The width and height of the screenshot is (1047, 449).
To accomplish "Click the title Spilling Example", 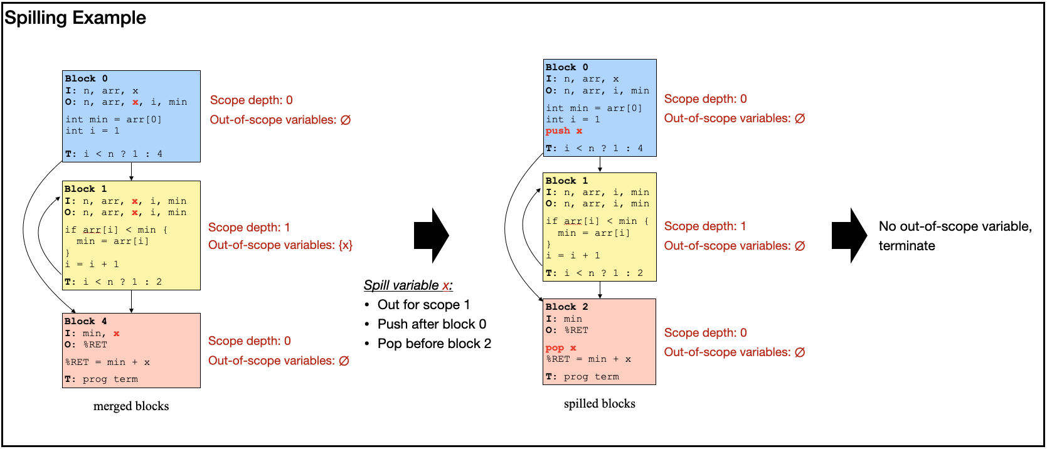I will [x=75, y=18].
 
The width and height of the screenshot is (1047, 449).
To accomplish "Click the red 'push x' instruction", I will [x=563, y=131].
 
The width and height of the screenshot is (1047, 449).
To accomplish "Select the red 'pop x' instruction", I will [x=560, y=348].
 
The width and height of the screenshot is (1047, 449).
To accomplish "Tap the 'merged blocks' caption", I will [x=131, y=406].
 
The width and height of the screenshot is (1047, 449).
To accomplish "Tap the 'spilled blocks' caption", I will [x=599, y=404].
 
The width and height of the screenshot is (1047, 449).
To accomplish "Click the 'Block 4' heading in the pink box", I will [x=86, y=321].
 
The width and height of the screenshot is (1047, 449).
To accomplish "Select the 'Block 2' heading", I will [x=566, y=307].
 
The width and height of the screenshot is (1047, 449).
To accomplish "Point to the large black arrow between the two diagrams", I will [x=431, y=235].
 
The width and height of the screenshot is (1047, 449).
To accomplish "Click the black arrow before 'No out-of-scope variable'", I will [x=849, y=235].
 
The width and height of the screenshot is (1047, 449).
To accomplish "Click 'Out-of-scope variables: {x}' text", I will [x=280, y=245].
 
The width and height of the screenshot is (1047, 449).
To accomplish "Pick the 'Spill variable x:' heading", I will [x=408, y=285].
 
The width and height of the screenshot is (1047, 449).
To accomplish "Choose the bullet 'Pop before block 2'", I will [x=434, y=344].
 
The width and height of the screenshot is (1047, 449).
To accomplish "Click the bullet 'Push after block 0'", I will [x=432, y=324].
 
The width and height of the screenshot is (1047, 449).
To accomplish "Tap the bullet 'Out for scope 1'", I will [x=423, y=305].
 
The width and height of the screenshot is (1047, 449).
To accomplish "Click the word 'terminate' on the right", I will [x=906, y=246].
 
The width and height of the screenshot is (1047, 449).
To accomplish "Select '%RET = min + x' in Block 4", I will [x=107, y=362].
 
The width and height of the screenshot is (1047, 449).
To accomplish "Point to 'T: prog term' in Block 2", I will [x=582, y=377].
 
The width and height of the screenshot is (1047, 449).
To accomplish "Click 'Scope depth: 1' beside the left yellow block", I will [x=249, y=228].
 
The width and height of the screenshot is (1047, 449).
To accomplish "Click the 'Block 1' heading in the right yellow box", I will [x=566, y=181].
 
